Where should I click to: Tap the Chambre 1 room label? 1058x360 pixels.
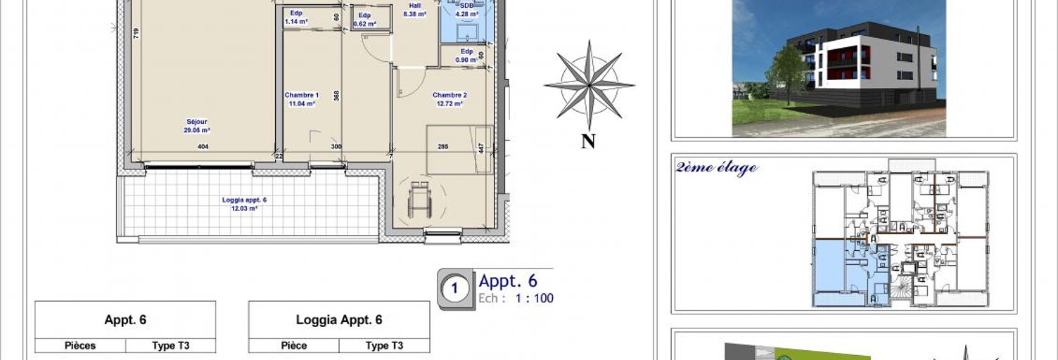(x=302, y=99)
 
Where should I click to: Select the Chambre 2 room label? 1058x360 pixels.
(x=450, y=99)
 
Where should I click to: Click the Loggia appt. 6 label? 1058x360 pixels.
(x=244, y=204)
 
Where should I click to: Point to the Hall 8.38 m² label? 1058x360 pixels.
(x=415, y=10)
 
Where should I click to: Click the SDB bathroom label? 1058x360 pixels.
(x=466, y=10)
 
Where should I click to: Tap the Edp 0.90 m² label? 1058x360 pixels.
(x=466, y=56)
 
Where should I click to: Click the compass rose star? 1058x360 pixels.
(x=589, y=85)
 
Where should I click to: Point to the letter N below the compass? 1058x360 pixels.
(x=589, y=141)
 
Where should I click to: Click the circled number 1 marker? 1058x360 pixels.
(x=454, y=288)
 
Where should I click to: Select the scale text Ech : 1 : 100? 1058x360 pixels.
(x=516, y=298)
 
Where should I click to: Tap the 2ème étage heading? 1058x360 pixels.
(x=717, y=167)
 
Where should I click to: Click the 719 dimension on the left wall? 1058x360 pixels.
(x=136, y=33)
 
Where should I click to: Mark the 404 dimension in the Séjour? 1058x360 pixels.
(x=203, y=147)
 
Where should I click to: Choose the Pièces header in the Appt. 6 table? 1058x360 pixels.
(x=80, y=345)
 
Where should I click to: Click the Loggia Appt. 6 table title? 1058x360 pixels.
(x=339, y=320)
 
